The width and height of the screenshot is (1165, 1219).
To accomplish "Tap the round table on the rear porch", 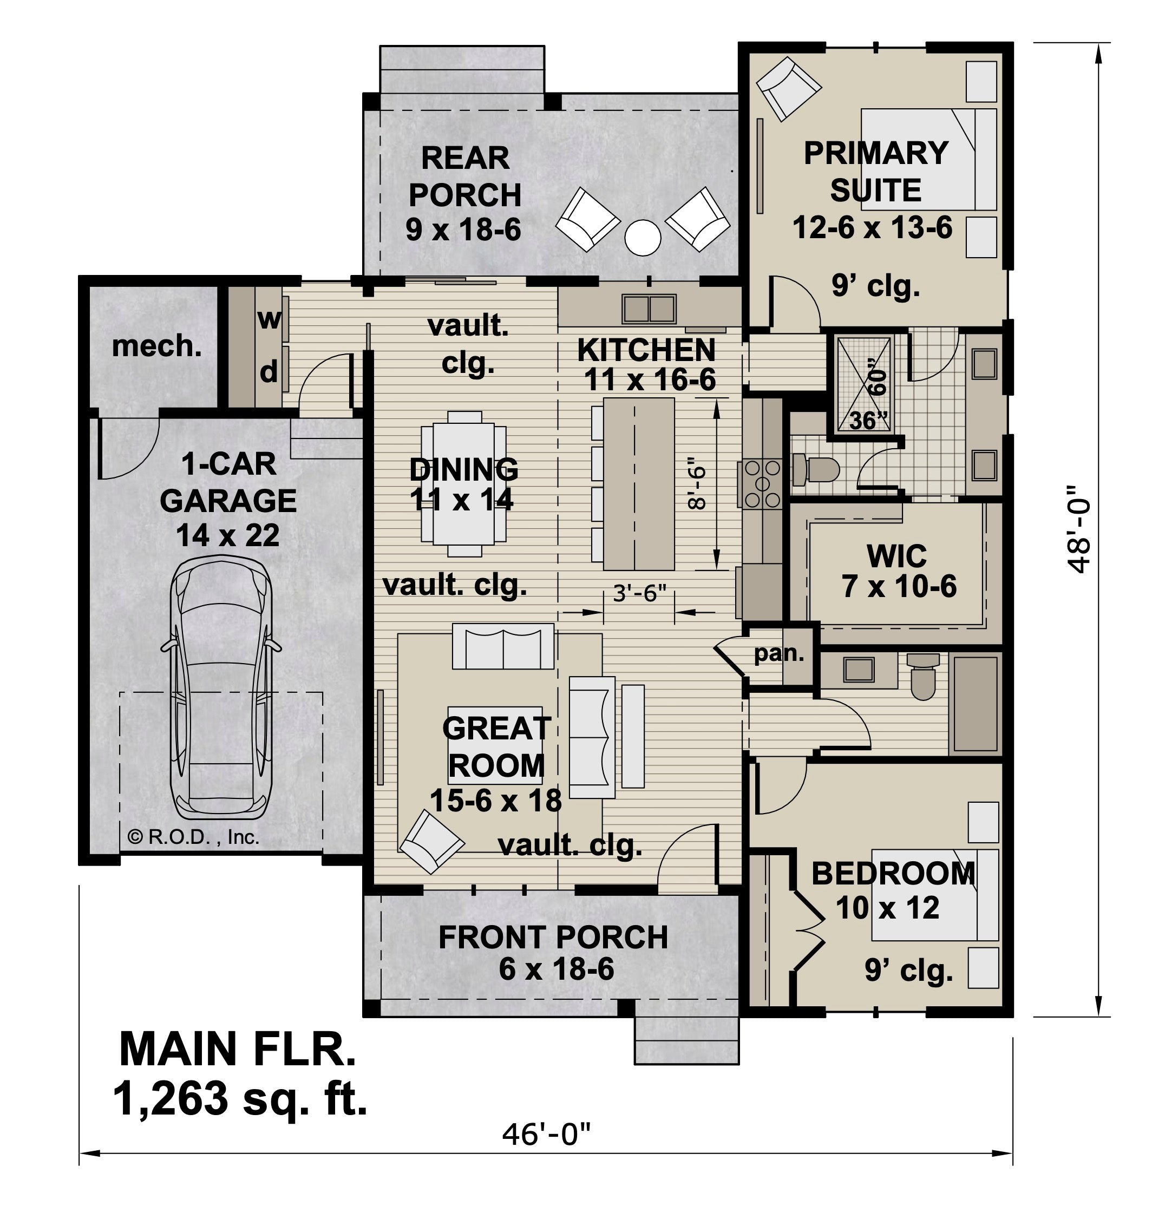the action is click(643, 237).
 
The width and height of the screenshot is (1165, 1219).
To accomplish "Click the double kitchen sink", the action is click(649, 309).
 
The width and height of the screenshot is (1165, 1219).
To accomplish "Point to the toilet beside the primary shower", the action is click(815, 469).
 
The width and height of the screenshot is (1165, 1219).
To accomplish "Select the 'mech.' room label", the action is click(157, 346).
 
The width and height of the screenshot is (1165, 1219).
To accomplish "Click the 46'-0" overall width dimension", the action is click(546, 1135).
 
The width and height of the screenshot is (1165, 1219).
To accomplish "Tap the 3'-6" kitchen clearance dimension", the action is click(640, 594).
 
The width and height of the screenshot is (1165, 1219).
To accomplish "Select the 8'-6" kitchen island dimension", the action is click(698, 488).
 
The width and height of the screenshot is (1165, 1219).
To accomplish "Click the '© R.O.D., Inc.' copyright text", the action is click(193, 837).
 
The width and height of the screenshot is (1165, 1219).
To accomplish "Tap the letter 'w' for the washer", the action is click(269, 319).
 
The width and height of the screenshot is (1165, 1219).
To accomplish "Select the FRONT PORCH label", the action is click(553, 937).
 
